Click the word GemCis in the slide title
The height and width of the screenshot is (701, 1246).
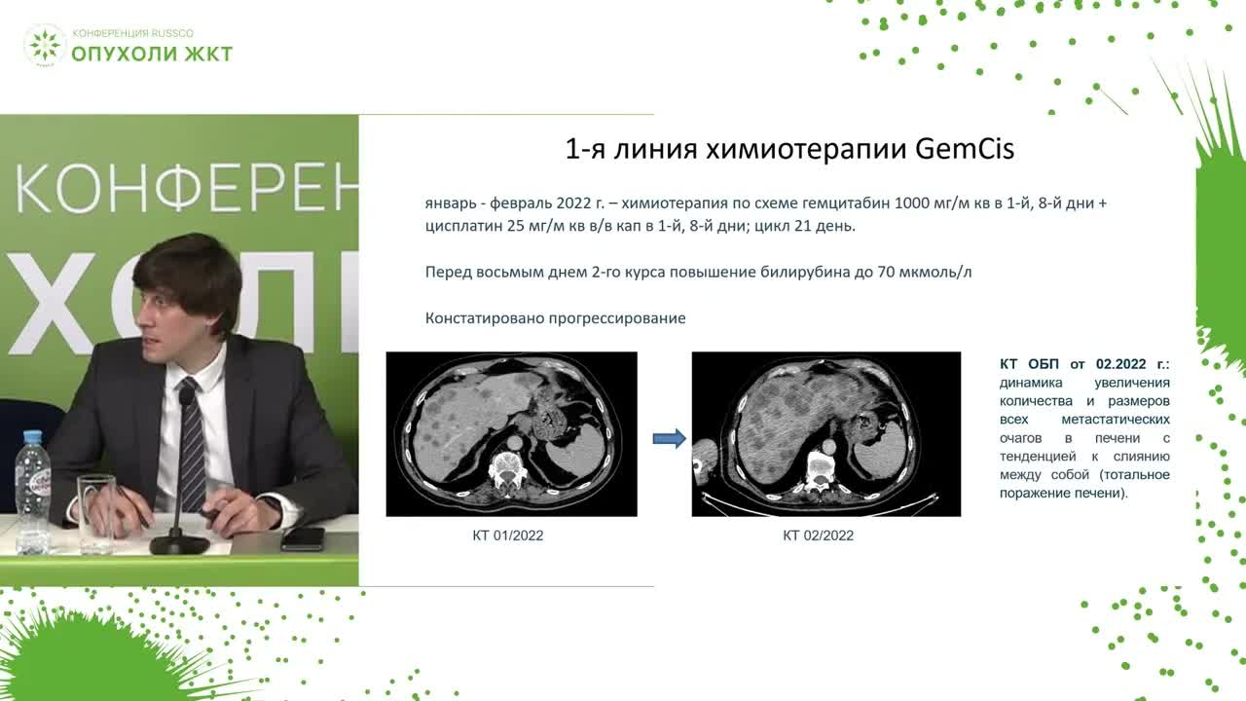click(966, 149)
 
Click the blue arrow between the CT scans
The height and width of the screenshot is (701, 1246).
click(668, 439)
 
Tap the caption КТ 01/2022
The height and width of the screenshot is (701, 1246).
click(507, 535)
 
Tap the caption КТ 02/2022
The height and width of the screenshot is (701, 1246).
click(818, 535)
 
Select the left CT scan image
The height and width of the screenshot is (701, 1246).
click(511, 433)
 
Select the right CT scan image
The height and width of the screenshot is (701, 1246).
click(825, 433)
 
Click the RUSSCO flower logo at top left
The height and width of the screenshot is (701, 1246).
click(45, 46)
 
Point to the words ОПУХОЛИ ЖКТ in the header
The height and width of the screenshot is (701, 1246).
click(152, 54)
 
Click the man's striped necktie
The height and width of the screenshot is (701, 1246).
click(192, 448)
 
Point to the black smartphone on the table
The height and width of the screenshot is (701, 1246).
click(302, 537)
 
